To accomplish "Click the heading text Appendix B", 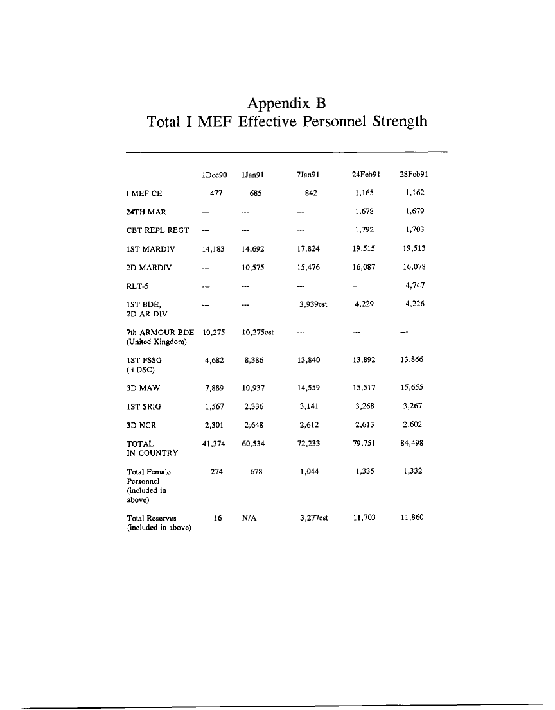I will click(286, 103).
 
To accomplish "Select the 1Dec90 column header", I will click(215, 174).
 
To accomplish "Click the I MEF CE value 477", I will click(216, 192).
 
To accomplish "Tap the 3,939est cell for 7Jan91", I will click(310, 304).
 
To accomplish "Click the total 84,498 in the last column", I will click(412, 443).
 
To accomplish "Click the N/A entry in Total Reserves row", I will click(250, 517).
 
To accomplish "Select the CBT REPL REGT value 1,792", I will click(364, 229).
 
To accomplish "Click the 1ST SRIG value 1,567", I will click(214, 406).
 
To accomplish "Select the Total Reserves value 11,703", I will click(364, 517).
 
